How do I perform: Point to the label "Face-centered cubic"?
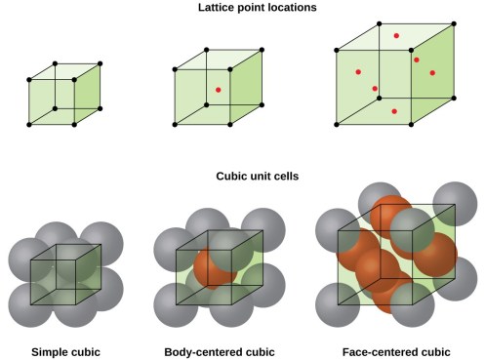coord(396,350)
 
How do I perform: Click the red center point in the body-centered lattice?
coord(218,91)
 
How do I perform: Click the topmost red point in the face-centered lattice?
coord(396,36)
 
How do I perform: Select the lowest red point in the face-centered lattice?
coord(393,111)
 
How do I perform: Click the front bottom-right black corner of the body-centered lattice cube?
coord(231,124)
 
